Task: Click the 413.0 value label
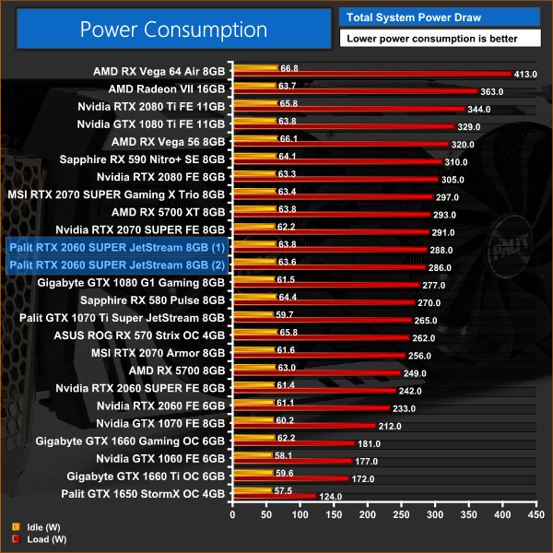click(x=525, y=74)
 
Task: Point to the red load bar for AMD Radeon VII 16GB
click(x=356, y=90)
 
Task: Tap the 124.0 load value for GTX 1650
click(x=330, y=496)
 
